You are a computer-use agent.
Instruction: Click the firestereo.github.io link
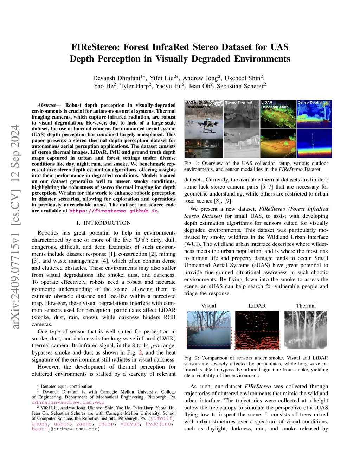114,211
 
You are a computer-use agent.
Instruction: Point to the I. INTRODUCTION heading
104,223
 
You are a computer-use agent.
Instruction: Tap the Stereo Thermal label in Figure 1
238,103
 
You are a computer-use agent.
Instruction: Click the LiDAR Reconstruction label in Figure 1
275,105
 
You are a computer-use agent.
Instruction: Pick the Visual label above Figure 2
208,306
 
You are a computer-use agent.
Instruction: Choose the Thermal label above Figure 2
306,306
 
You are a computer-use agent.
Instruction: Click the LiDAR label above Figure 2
257,306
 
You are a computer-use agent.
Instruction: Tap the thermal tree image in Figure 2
306,330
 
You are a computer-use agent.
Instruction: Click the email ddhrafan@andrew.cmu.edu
68,402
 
